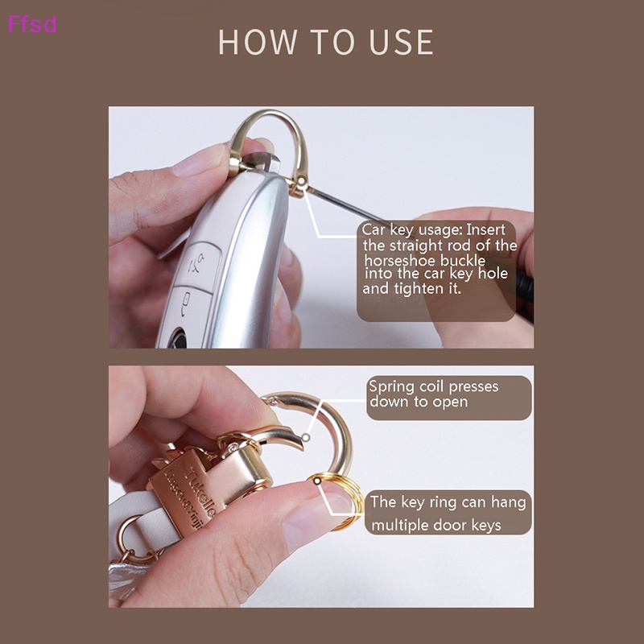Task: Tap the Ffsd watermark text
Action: (32, 23)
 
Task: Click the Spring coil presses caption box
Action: (449, 397)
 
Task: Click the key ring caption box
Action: (449, 513)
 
